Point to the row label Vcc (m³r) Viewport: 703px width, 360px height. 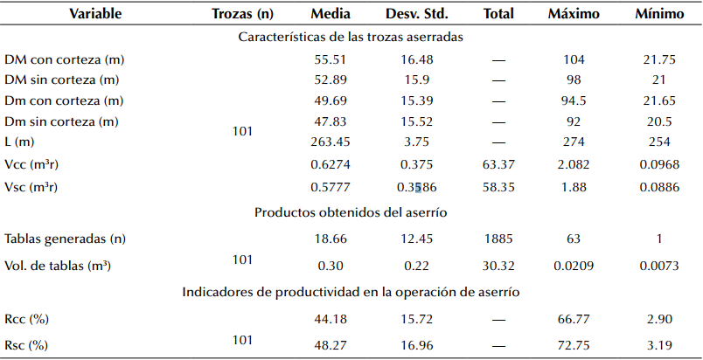pyautogui.click(x=34, y=164)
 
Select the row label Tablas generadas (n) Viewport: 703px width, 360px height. pyautogui.click(x=64, y=239)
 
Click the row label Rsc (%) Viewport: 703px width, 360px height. pyautogui.click(x=26, y=345)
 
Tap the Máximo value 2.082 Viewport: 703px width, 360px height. pyautogui.click(x=572, y=164)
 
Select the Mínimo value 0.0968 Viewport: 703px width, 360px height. pyautogui.click(x=654, y=164)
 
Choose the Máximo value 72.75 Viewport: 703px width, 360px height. pyautogui.click(x=572, y=345)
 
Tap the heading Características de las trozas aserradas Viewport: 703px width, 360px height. pyautogui.click(x=351, y=38)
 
